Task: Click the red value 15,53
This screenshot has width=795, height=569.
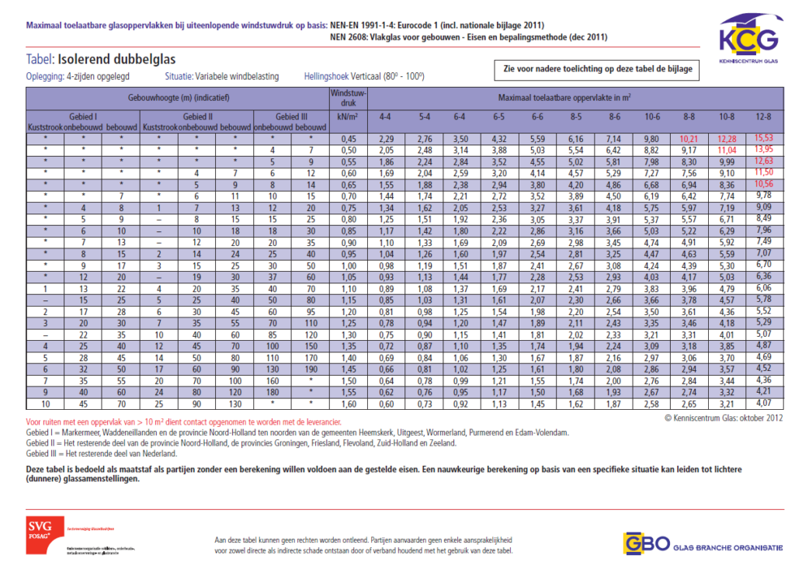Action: coord(764,138)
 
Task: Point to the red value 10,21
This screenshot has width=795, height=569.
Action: coord(688,138)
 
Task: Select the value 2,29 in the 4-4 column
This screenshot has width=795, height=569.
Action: coord(386,138)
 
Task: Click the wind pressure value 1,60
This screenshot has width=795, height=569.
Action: coord(348,404)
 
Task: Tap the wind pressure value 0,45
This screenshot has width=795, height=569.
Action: coord(348,138)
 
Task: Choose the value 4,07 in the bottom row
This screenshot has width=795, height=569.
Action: coord(764,404)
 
